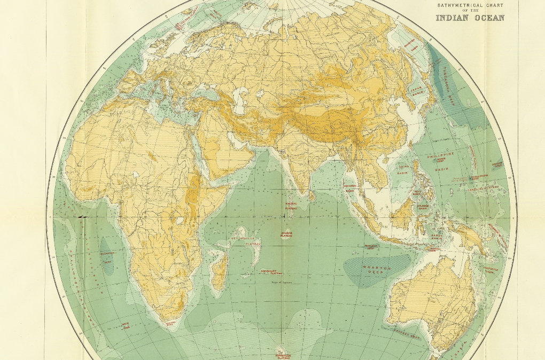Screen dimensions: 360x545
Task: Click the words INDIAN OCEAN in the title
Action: pyautogui.click(x=470, y=18)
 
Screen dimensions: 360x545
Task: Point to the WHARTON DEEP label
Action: pyautogui.click(x=377, y=269)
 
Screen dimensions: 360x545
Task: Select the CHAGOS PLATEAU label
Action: pyautogui.click(x=286, y=234)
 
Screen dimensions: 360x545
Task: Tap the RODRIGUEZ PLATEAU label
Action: pyautogui.click(x=271, y=271)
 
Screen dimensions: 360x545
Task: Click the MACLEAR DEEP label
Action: pyautogui.click(x=372, y=247)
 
